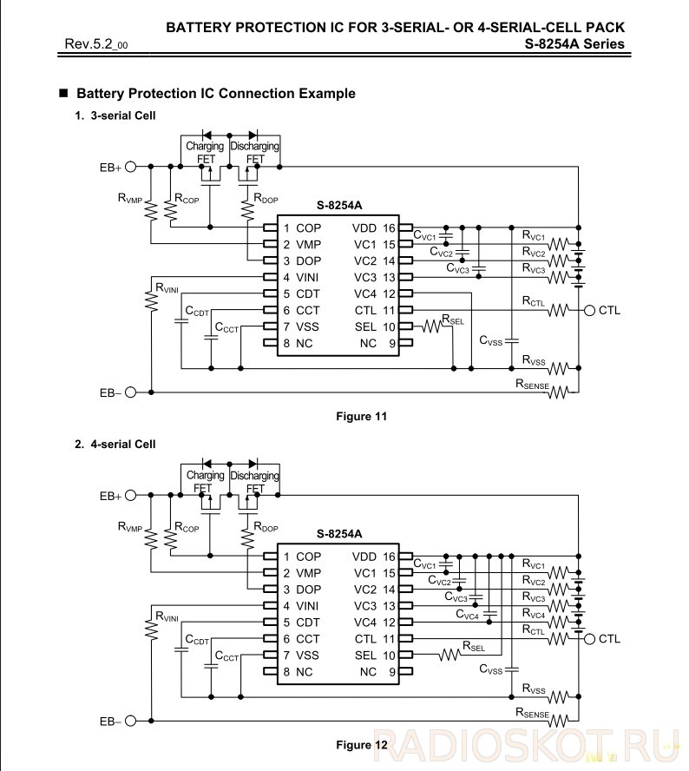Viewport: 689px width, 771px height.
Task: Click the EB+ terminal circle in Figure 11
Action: [130, 168]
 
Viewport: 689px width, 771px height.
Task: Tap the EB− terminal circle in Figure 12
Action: [130, 721]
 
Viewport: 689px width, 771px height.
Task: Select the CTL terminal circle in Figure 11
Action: [589, 310]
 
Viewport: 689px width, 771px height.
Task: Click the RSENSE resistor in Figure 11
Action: [559, 392]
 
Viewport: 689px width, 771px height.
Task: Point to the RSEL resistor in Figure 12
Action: [449, 655]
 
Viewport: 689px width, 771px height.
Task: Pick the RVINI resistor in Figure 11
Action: [151, 300]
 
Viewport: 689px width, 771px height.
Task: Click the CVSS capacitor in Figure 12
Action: [512, 669]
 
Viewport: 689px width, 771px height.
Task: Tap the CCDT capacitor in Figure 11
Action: [181, 321]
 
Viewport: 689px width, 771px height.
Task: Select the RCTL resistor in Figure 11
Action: [559, 310]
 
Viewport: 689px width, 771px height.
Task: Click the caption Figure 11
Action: [361, 417]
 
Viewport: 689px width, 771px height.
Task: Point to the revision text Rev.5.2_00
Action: [96, 44]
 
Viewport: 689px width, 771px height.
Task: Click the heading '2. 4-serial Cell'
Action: [115, 444]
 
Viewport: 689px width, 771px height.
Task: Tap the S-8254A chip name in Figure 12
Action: [339, 534]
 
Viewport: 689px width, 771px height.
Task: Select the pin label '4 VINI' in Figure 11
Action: [301, 277]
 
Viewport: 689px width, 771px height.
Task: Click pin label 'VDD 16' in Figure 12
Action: [373, 557]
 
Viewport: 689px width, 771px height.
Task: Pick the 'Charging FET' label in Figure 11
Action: [205, 153]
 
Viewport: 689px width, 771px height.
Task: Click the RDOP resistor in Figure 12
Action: [247, 539]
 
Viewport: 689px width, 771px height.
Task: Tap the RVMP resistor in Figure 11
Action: [150, 210]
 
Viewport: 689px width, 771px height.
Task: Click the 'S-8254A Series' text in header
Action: [574, 44]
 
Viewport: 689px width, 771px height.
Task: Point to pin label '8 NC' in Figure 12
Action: [298, 672]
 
